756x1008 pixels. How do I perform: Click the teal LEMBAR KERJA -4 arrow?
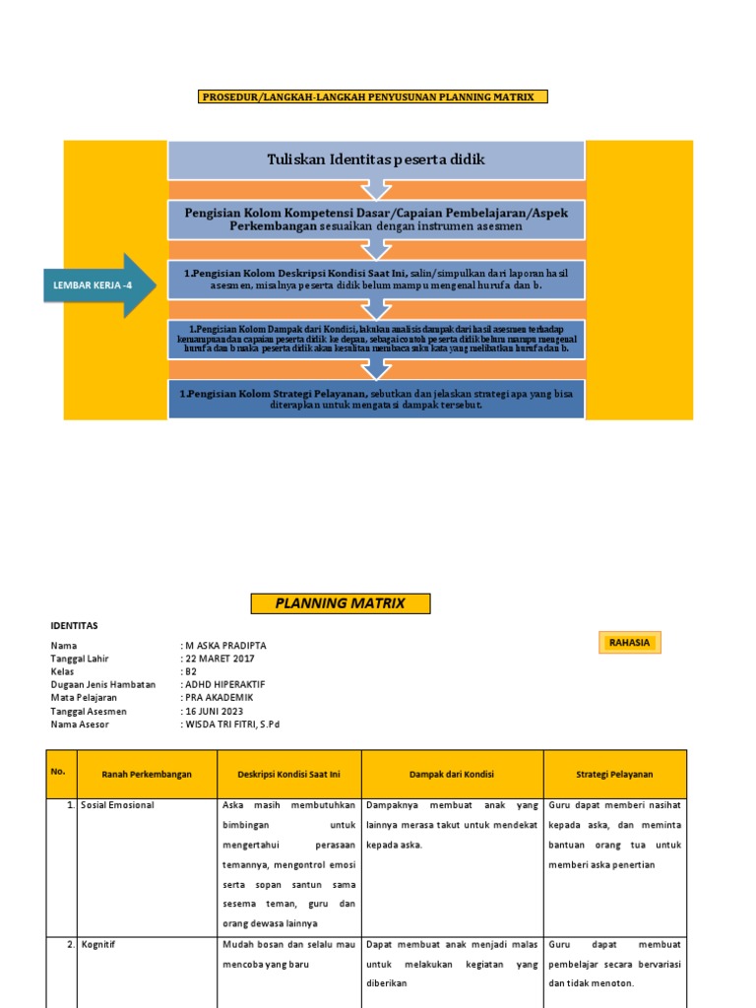pos(96,285)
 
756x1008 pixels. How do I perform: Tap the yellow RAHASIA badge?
pos(629,643)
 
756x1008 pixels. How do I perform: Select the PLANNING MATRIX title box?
pos(341,603)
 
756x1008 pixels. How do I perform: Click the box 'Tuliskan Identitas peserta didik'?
pos(377,159)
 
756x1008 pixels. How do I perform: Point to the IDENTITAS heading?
pos(74,625)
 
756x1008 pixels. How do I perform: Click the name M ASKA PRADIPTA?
pos(226,646)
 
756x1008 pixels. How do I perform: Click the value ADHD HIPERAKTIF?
pos(225,684)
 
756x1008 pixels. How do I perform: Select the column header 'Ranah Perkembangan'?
pos(147,775)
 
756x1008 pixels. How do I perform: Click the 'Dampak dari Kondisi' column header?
pos(452,775)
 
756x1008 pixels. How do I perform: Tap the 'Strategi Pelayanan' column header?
pos(614,775)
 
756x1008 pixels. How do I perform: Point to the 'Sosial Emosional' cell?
pos(117,805)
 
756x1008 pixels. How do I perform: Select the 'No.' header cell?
pos(58,772)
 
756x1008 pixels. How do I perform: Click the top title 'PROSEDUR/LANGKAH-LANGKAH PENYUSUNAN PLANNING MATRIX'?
pos(373,96)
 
